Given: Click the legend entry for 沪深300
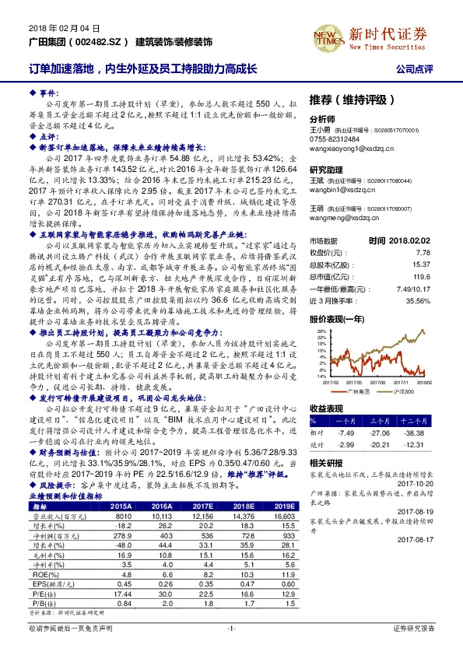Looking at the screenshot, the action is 402,391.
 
